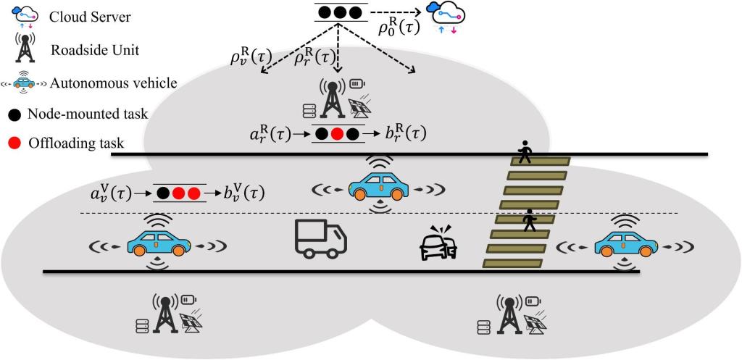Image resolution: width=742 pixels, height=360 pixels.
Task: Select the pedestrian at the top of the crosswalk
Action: point(525,153)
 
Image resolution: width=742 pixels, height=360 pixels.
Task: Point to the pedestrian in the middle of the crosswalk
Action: point(530,219)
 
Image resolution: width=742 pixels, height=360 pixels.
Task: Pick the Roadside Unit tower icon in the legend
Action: point(25,49)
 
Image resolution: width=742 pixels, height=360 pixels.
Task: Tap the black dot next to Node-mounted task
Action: point(16,114)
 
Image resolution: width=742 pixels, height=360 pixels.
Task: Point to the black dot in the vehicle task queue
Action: point(164,193)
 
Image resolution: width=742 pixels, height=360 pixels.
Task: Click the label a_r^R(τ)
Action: point(272,134)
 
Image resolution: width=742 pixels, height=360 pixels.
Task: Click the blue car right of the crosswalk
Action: point(626,245)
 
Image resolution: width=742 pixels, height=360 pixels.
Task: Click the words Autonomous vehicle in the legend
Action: point(114,83)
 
